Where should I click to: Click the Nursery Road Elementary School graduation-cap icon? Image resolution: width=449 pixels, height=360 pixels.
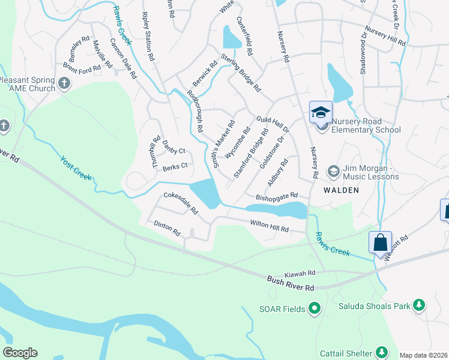pos(321,112)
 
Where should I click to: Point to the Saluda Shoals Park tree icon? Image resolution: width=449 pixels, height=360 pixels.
pos(420,306)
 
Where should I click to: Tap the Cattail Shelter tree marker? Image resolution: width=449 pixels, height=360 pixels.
pos(381,351)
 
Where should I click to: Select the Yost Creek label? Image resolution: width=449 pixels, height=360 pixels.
pos(76,168)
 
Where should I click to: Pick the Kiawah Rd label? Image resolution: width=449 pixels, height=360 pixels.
pos(300,273)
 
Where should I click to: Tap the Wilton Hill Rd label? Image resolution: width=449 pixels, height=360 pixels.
pos(270,226)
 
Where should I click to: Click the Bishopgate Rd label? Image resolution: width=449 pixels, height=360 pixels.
pos(277,196)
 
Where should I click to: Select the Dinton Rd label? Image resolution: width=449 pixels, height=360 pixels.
pos(167,227)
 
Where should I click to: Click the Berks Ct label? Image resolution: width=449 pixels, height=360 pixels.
pos(175,166)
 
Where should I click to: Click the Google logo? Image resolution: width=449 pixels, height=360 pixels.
pos(20,353)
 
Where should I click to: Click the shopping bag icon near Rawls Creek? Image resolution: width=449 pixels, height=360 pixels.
pos(380,243)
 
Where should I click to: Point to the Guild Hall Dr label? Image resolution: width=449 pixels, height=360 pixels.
pos(273,124)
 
